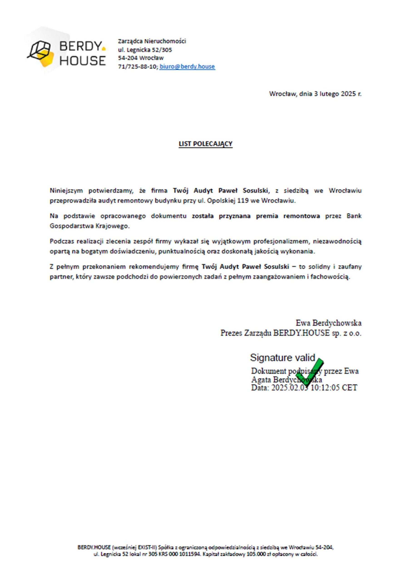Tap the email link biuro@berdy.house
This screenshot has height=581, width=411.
(x=187, y=66)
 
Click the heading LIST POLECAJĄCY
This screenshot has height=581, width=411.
(x=205, y=144)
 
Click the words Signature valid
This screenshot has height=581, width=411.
(x=283, y=357)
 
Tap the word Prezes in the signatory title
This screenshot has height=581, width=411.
(x=231, y=333)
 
